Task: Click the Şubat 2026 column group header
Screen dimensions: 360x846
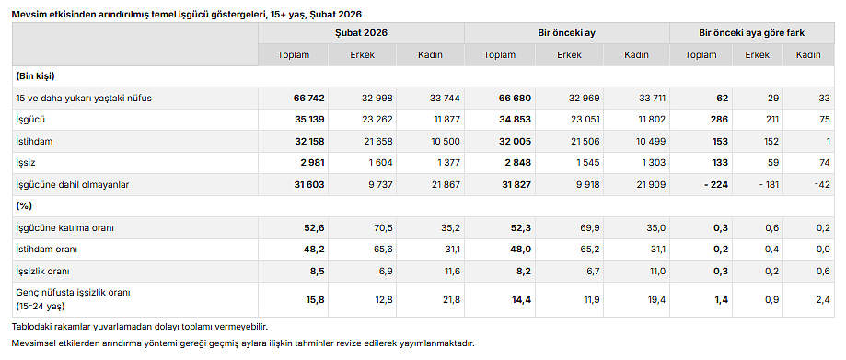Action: tap(361, 32)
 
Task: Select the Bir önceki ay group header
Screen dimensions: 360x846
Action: tap(567, 32)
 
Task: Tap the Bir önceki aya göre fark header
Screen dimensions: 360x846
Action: tap(752, 32)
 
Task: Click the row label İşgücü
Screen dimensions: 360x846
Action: tap(30, 120)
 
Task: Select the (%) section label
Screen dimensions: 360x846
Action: tap(24, 205)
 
